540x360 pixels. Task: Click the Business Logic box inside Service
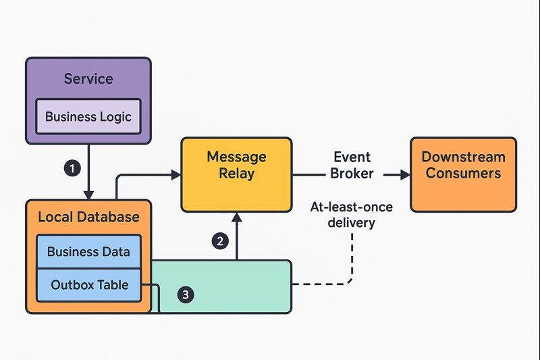pos(88,117)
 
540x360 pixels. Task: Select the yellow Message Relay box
pos(236,174)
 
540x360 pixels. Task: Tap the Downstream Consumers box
pos(463,174)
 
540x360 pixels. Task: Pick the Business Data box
pos(88,252)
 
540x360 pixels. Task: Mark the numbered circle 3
pos(187,294)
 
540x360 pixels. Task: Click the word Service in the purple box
pos(88,78)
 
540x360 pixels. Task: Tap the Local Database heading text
pos(88,217)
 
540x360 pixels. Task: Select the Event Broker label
pos(351,165)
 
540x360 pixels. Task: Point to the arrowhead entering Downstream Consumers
pos(405,175)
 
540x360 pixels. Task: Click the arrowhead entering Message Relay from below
pos(236,217)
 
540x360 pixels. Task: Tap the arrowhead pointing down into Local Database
pos(88,194)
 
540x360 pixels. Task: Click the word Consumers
pos(463,173)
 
